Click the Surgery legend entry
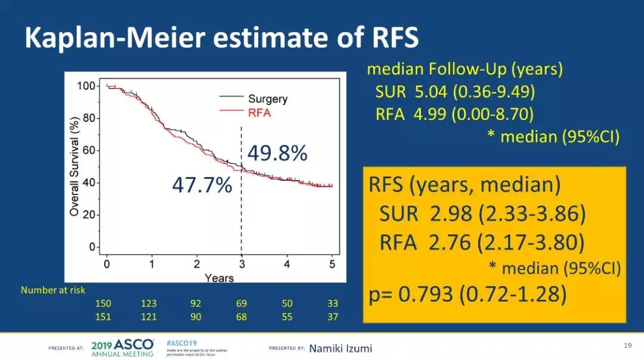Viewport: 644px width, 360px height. click(267, 99)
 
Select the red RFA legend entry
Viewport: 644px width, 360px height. click(259, 113)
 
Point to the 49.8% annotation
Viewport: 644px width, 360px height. click(277, 154)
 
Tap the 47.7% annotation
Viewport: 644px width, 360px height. click(202, 185)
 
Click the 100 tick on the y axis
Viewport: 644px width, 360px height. click(86, 86)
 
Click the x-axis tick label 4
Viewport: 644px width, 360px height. click(287, 263)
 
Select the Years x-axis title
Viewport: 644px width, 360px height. click(219, 278)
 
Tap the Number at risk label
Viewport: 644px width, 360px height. click(53, 290)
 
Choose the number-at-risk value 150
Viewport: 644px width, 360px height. click(103, 303)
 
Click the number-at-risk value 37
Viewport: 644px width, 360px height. click(333, 316)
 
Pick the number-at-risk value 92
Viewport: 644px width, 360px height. click(196, 303)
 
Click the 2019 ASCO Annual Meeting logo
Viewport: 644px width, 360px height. click(123, 348)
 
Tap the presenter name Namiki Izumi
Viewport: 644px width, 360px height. click(340, 348)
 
